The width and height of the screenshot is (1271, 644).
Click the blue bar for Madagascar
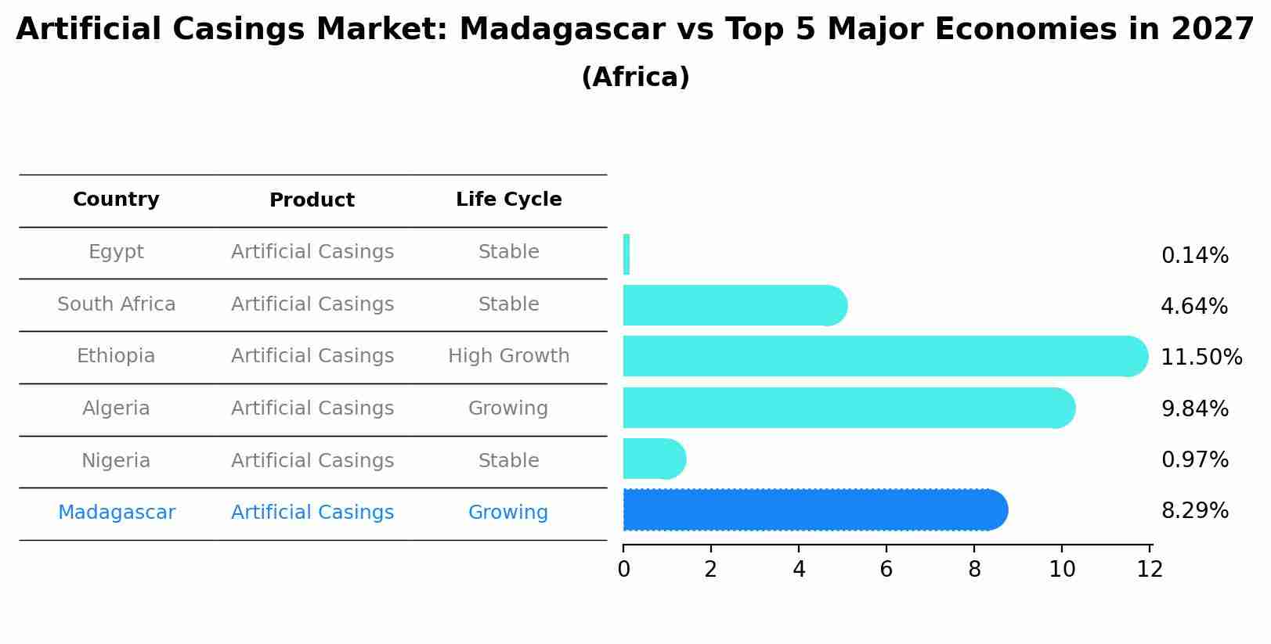(x=814, y=510)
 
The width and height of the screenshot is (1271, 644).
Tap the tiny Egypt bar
(x=626, y=254)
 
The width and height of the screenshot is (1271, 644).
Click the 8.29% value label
(x=1194, y=511)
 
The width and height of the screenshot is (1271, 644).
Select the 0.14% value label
(x=1194, y=256)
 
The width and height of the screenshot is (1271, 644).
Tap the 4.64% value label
(x=1193, y=307)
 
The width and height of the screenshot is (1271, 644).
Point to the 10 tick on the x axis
(x=1062, y=570)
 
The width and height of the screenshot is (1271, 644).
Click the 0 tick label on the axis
(x=623, y=570)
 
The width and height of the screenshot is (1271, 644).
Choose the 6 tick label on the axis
(x=886, y=570)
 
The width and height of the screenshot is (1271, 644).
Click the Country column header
(x=116, y=200)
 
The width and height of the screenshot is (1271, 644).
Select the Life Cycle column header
(x=508, y=200)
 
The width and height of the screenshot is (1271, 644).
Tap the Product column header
(x=312, y=200)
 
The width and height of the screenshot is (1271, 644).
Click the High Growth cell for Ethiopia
(x=508, y=356)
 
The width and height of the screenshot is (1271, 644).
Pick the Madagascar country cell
(x=117, y=513)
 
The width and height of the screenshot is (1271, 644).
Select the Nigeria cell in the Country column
(x=116, y=460)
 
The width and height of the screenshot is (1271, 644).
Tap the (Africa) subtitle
(x=635, y=77)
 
